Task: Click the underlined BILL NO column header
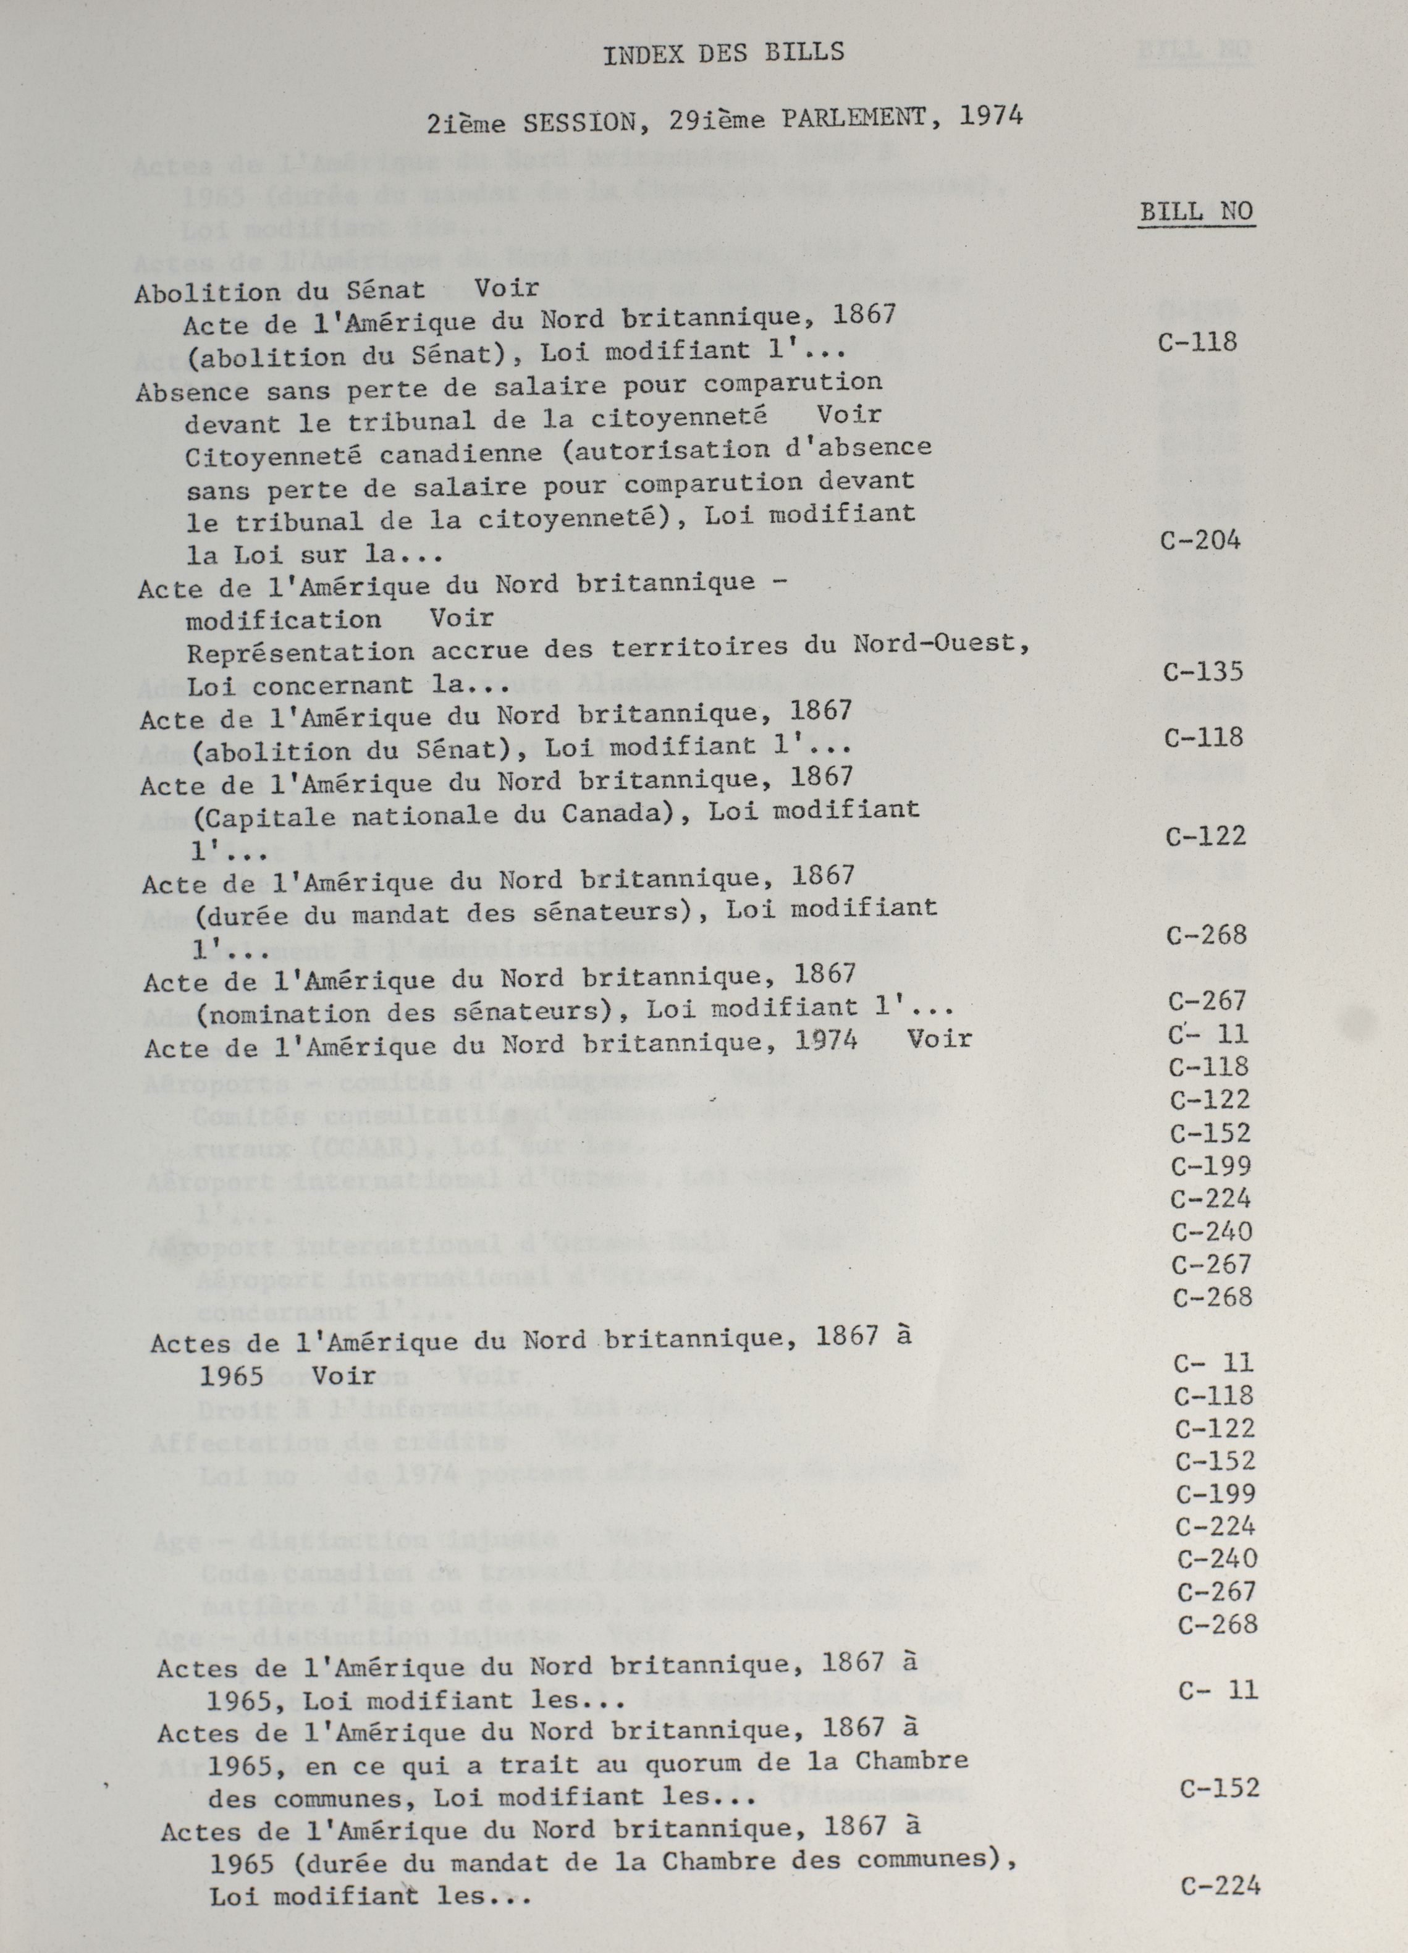click(1196, 212)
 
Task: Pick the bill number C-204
click(1200, 540)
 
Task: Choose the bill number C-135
click(1203, 672)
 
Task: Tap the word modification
click(284, 620)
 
